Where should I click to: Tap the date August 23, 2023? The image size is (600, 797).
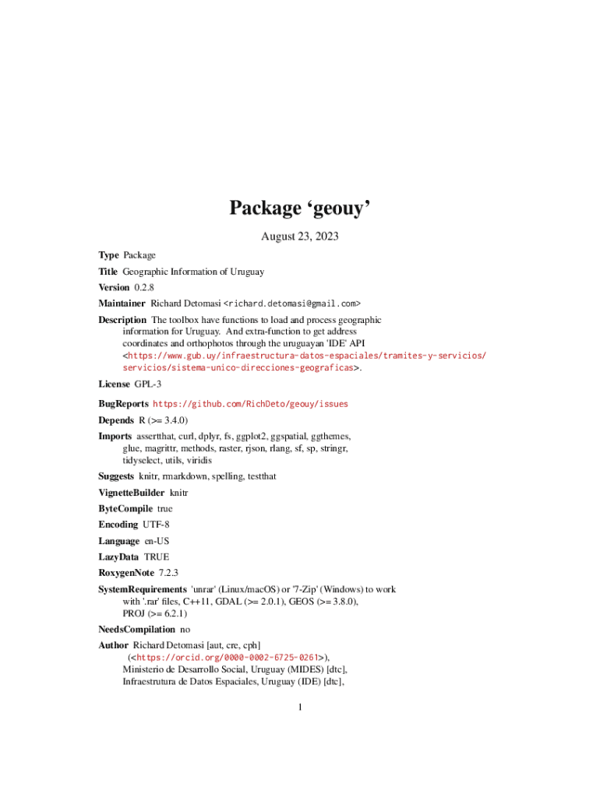click(300, 236)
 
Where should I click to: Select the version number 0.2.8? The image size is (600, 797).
click(144, 287)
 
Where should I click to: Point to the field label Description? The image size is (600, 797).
click(122, 320)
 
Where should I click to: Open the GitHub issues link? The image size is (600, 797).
click(250, 404)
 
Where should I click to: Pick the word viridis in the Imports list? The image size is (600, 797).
click(198, 461)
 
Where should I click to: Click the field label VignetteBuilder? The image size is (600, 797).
click(132, 493)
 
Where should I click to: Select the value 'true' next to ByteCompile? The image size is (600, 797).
click(160, 508)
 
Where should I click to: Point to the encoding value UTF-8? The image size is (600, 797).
click(156, 525)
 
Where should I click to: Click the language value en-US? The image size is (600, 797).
click(157, 541)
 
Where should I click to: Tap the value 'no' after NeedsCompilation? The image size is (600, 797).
click(185, 629)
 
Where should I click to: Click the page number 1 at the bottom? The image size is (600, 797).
click(300, 707)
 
